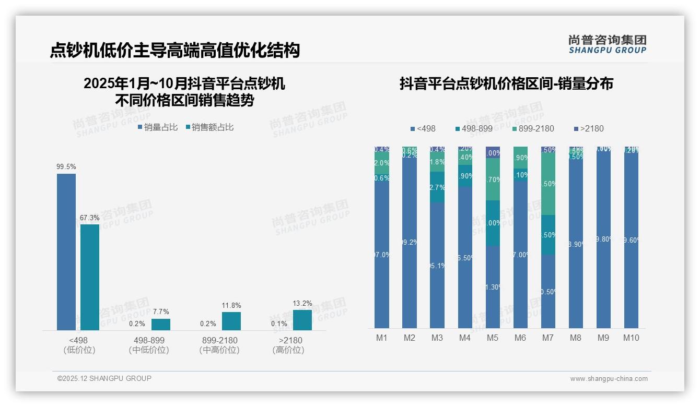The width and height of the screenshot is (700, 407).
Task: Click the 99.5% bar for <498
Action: click(x=66, y=252)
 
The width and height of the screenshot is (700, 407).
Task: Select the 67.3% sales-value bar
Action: click(x=90, y=277)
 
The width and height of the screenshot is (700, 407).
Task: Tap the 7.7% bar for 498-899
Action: click(x=161, y=324)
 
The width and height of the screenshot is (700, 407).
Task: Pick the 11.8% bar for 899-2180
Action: click(x=231, y=321)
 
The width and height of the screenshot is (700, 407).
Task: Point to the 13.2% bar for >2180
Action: click(x=302, y=320)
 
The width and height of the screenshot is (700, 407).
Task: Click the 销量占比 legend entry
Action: click(x=158, y=127)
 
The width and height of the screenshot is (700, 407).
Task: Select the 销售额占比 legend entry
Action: click(x=209, y=127)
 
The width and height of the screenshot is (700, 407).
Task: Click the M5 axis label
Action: click(x=493, y=338)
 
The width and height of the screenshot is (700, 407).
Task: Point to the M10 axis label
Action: click(x=631, y=338)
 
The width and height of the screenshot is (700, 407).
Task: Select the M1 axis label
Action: click(x=382, y=338)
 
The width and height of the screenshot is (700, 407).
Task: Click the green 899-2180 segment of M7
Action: click(x=548, y=184)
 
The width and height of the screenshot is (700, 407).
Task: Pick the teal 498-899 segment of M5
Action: click(x=493, y=223)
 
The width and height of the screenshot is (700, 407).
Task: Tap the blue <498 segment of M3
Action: click(x=437, y=265)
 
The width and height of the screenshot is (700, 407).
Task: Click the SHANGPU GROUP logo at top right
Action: click(x=608, y=44)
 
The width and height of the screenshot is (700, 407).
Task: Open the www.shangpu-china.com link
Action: click(x=609, y=379)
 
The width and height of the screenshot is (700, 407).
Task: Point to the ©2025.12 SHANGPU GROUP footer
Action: click(x=104, y=378)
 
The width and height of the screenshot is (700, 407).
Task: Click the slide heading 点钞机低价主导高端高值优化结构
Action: click(x=175, y=50)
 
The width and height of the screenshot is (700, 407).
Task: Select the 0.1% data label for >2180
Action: click(x=279, y=324)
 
